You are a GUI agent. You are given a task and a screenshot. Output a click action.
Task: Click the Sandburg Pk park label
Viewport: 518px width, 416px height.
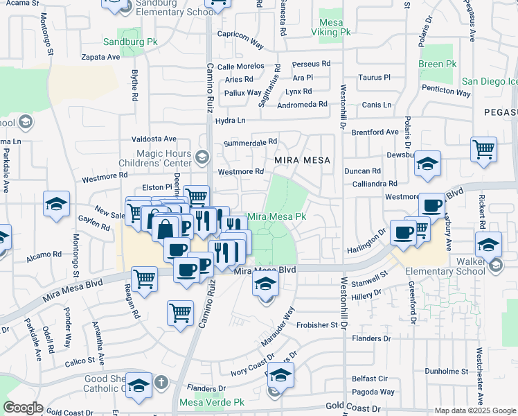tap(130, 42)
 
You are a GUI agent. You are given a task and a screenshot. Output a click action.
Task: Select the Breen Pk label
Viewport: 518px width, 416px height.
tap(438, 64)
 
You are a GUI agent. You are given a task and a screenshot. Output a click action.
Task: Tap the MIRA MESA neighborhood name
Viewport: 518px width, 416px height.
tap(302, 159)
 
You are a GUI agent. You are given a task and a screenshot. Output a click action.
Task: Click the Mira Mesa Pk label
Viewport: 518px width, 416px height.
tap(277, 216)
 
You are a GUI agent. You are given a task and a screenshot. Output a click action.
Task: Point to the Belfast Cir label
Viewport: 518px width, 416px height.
tap(369, 379)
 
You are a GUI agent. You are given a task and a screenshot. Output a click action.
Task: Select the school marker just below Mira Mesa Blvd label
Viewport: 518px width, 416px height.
tap(265, 284)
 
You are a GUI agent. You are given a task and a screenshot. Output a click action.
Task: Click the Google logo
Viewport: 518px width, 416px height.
tap(23, 408)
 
